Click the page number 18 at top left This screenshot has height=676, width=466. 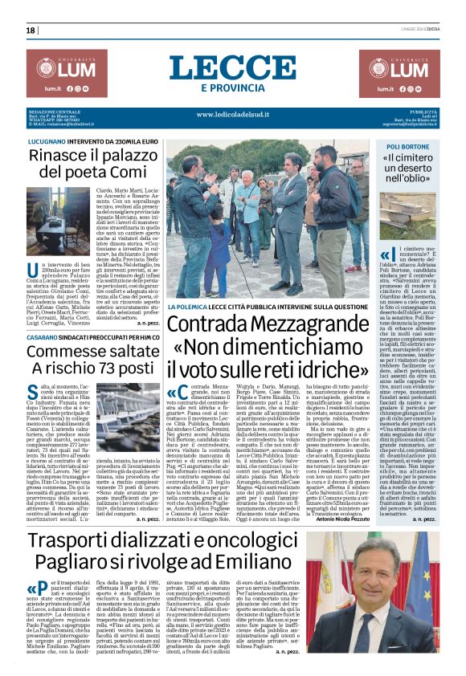pos(31,31)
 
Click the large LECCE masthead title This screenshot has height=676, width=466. pos(232,67)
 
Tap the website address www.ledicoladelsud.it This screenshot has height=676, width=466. pos(232,115)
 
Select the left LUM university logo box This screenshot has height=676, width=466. pos(55,73)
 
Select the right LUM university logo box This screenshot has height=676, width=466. pos(411,73)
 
